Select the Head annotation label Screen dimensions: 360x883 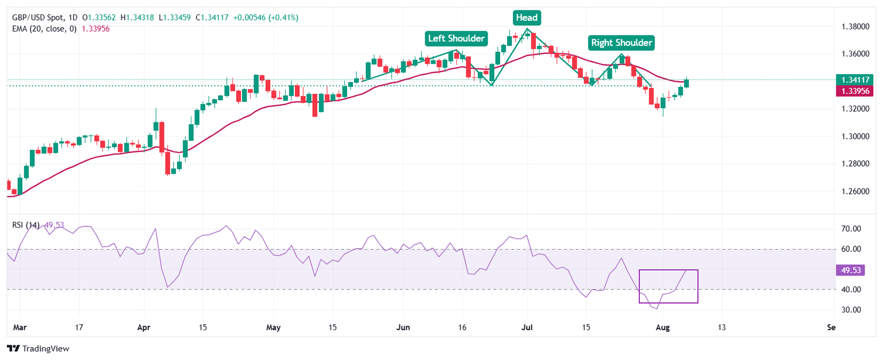pyautogui.click(x=526, y=18)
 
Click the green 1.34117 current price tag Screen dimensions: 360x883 pyautogui.click(x=857, y=80)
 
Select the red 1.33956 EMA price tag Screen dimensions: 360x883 pyautogui.click(x=857, y=91)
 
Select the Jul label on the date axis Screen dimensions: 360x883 pyautogui.click(x=527, y=327)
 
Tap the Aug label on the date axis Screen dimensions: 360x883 pyautogui.click(x=663, y=327)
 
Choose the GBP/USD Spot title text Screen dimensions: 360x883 pyautogui.click(x=39, y=18)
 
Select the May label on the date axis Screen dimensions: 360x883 pyautogui.click(x=274, y=327)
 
